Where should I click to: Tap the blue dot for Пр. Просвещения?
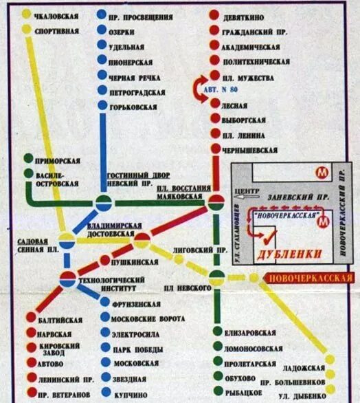click(x=102, y=14)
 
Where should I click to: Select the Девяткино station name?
click(x=247, y=14)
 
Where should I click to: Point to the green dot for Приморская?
click(x=28, y=160)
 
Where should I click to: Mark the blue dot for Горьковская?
click(x=102, y=106)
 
